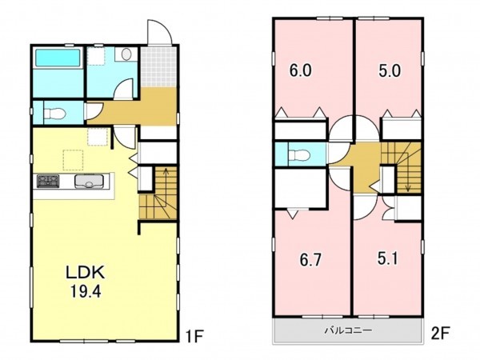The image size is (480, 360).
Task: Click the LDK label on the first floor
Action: [x=86, y=273]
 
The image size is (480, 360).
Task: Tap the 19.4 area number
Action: [x=86, y=291]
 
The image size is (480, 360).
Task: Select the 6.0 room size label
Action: [x=301, y=70]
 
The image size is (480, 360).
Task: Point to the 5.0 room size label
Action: [x=390, y=70]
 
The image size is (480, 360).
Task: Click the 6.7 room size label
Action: [x=310, y=260]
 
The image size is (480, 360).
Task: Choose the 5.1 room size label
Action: [x=387, y=258]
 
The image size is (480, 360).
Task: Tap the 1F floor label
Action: [x=195, y=337]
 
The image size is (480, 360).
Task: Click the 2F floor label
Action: [x=440, y=334]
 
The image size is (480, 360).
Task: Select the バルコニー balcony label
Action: [x=348, y=330]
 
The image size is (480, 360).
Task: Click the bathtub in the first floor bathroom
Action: [x=58, y=58]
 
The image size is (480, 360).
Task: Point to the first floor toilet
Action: [x=54, y=114]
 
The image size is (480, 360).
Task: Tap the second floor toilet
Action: [x=299, y=155]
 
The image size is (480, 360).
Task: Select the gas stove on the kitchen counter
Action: [x=48, y=181]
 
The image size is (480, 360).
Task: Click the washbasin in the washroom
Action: [x=126, y=54]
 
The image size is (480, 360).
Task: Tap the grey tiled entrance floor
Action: [x=158, y=67]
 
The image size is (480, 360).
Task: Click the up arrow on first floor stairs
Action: [x=166, y=184]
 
